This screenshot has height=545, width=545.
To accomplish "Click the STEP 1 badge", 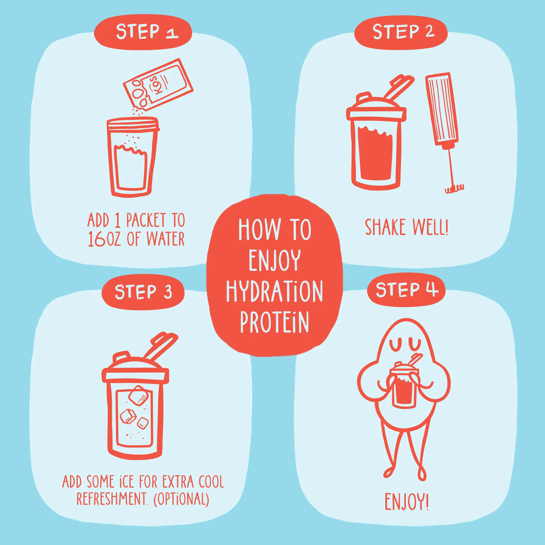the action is point(143,32).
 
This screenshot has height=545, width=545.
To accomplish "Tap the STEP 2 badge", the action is point(401,32).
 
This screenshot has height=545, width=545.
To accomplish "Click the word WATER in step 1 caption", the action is point(166,239).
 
